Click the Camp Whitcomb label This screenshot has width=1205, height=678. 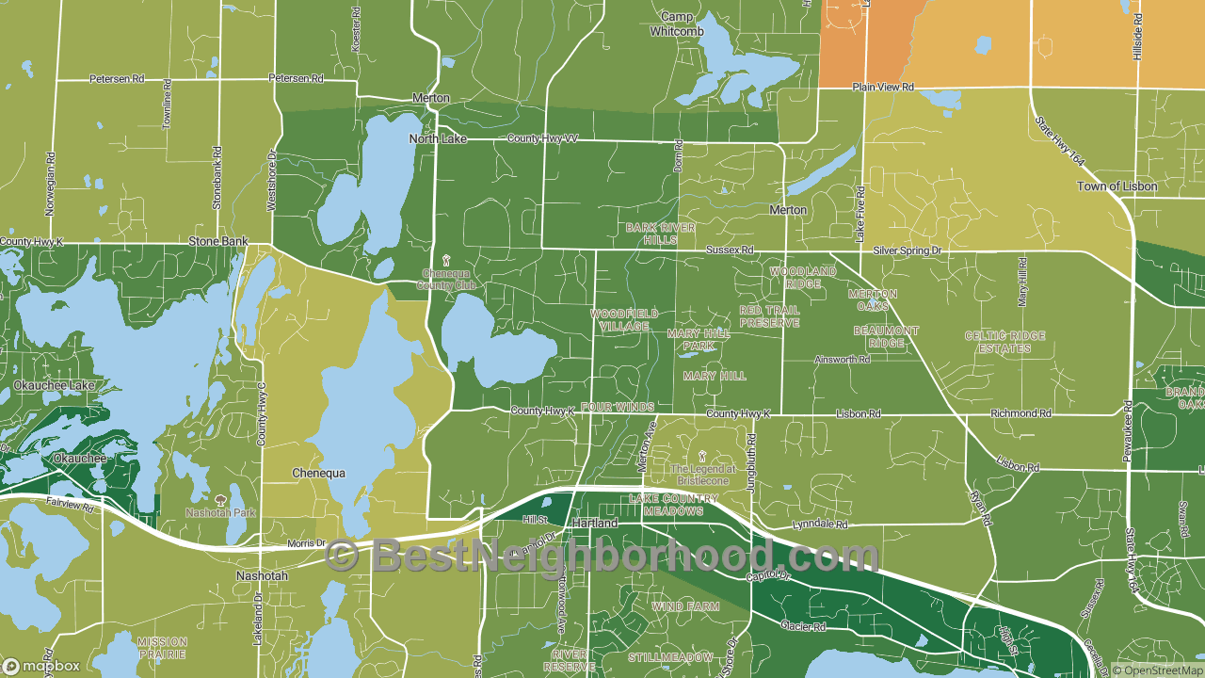(677, 24)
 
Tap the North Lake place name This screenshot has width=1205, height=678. (437, 139)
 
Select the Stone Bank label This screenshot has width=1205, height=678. (218, 242)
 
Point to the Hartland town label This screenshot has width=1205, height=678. (595, 523)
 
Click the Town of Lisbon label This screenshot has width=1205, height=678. (1117, 186)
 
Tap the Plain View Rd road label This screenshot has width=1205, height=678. (883, 87)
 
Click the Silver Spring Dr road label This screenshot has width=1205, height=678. (907, 250)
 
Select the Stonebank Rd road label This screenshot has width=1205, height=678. (217, 177)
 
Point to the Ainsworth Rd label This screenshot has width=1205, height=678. (843, 360)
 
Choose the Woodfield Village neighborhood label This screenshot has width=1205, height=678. (624, 320)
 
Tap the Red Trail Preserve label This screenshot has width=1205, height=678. (769, 316)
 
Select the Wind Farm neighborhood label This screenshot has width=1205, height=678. (685, 607)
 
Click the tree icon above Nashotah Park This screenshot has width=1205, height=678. (221, 500)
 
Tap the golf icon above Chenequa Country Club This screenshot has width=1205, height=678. (446, 260)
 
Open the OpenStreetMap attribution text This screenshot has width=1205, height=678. (1156, 670)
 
